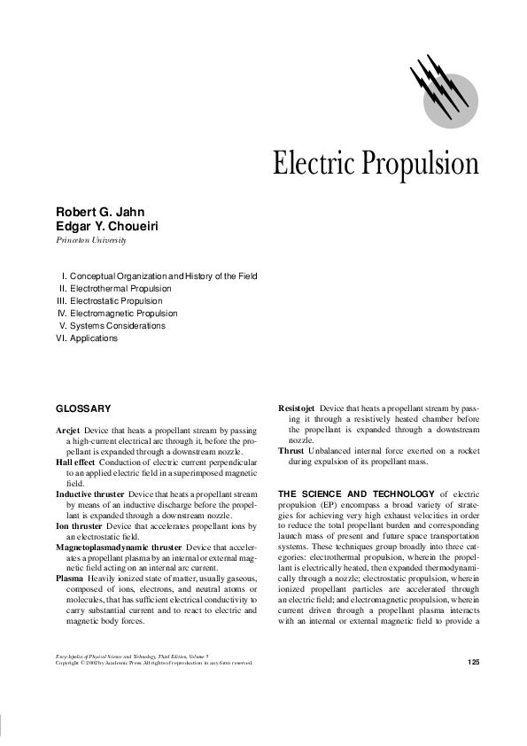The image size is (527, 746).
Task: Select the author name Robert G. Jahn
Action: point(100,213)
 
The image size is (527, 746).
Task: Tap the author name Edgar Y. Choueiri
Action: point(107,227)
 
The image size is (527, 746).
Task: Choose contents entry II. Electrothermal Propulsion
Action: point(115,289)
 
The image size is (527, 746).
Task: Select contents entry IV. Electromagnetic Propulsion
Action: point(117,314)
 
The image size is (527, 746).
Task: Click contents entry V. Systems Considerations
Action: point(112,326)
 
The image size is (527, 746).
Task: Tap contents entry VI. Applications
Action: point(87,338)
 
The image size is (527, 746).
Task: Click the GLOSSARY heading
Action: point(83,408)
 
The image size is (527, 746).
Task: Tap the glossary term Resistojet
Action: point(297,408)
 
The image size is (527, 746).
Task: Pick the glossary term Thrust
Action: point(291,451)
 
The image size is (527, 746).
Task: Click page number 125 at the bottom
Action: point(471,663)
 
